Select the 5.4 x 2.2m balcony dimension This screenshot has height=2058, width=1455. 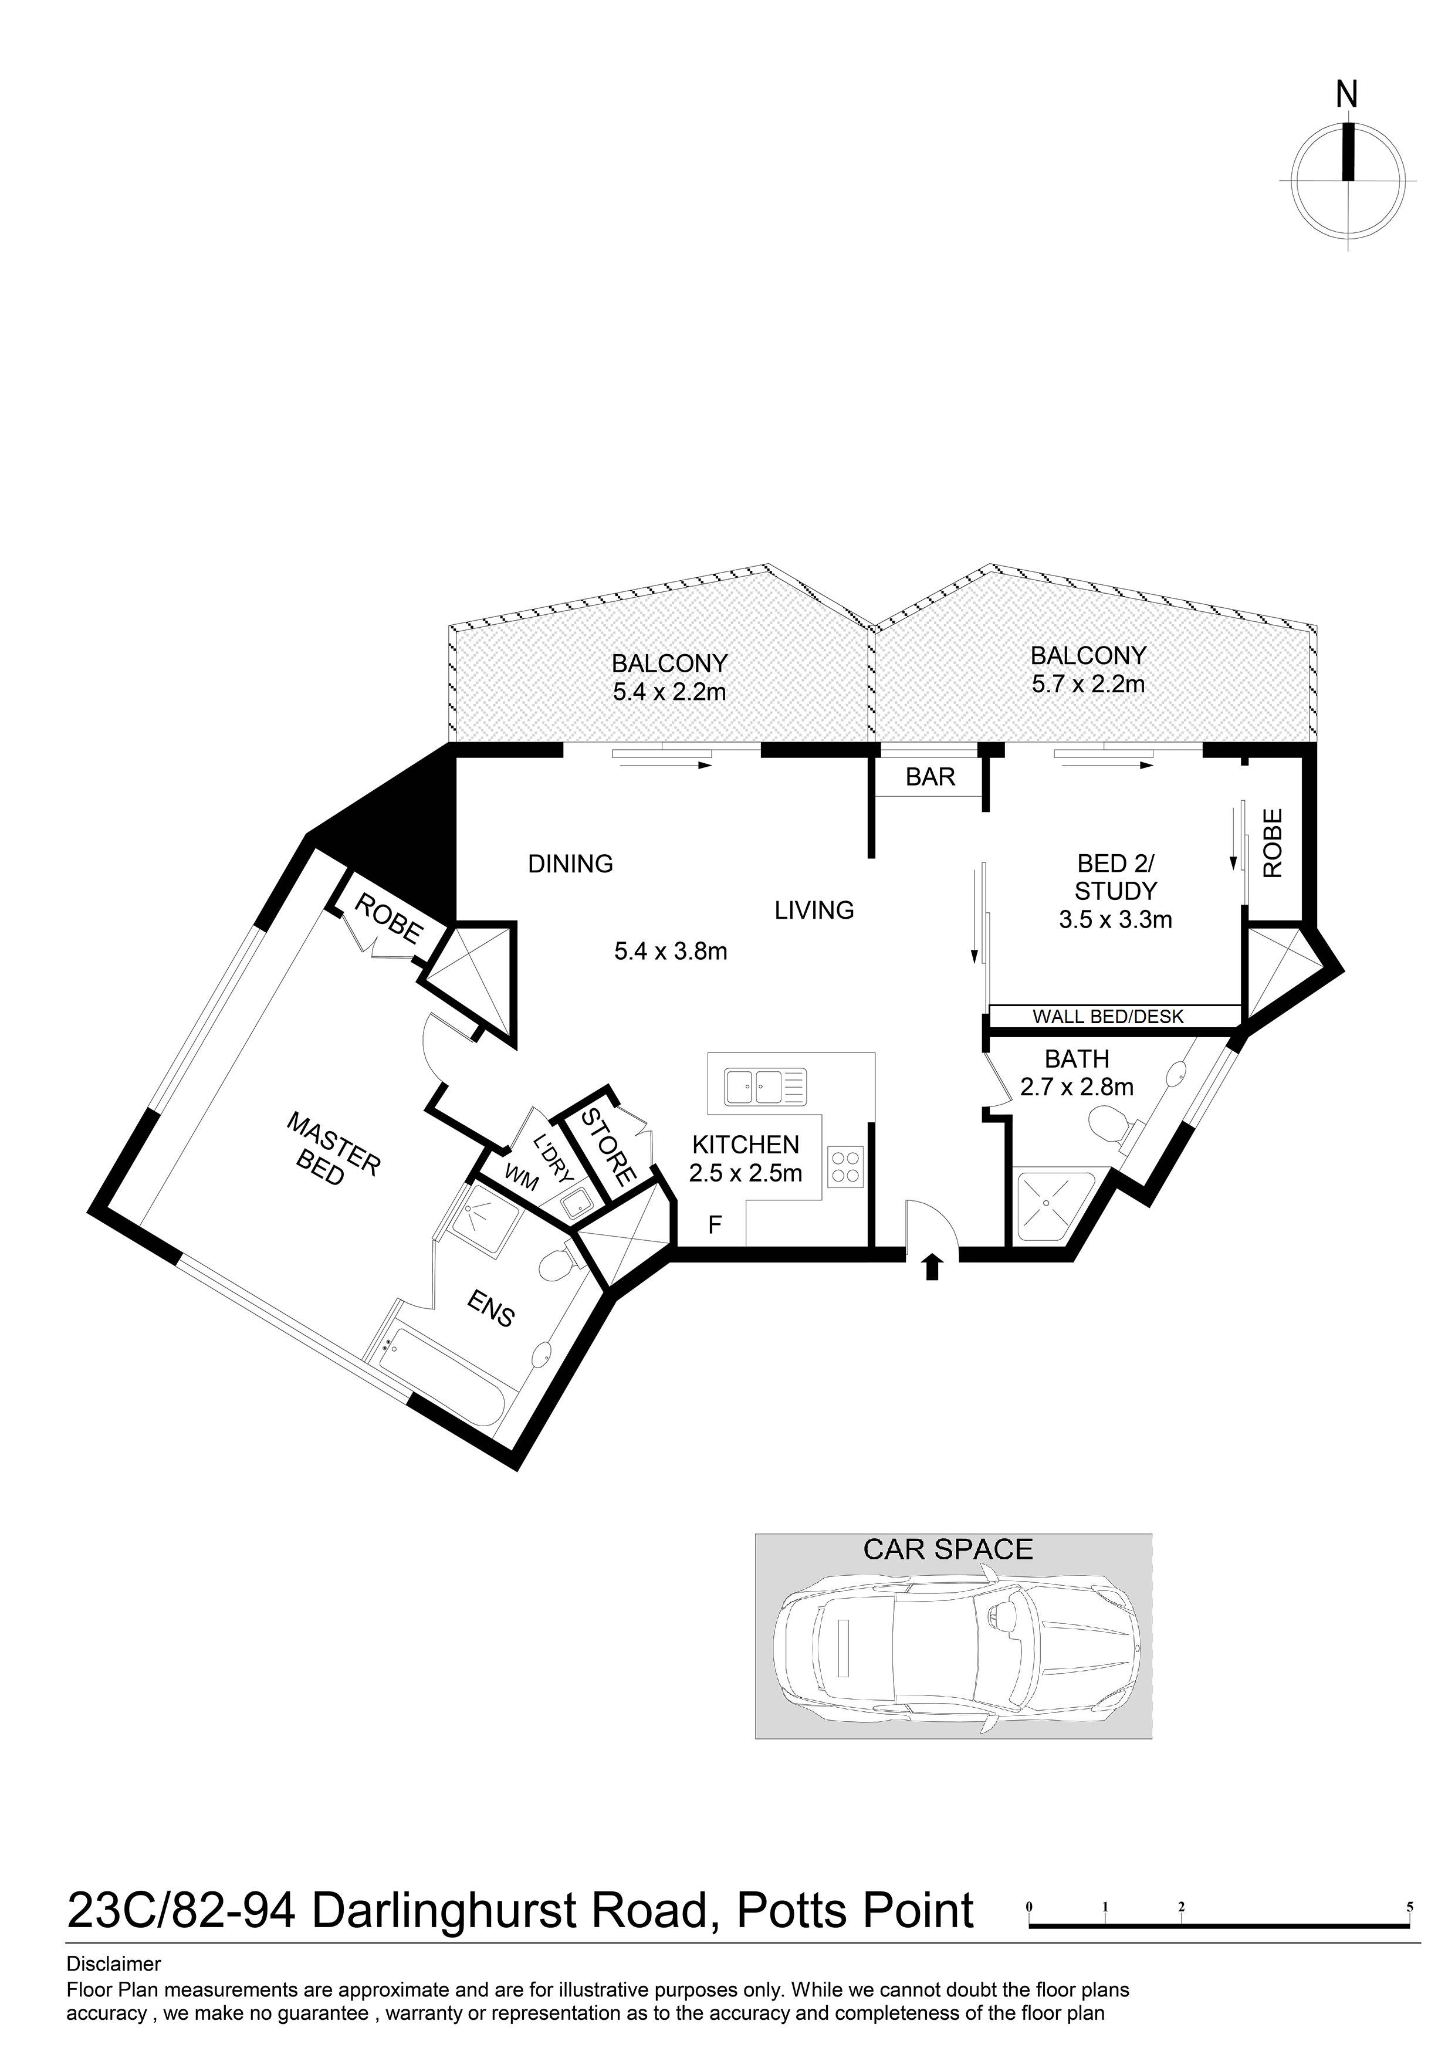click(669, 692)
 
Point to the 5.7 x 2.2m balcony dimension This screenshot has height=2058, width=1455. click(1088, 685)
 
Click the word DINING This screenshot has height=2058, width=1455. click(570, 864)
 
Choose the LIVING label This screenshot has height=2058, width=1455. click(814, 910)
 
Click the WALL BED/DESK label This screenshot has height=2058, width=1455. click(1108, 1017)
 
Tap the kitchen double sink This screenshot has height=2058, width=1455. click(766, 1086)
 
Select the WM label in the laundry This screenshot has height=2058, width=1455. click(522, 1177)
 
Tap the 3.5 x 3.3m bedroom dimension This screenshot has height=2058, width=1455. click(1115, 920)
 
